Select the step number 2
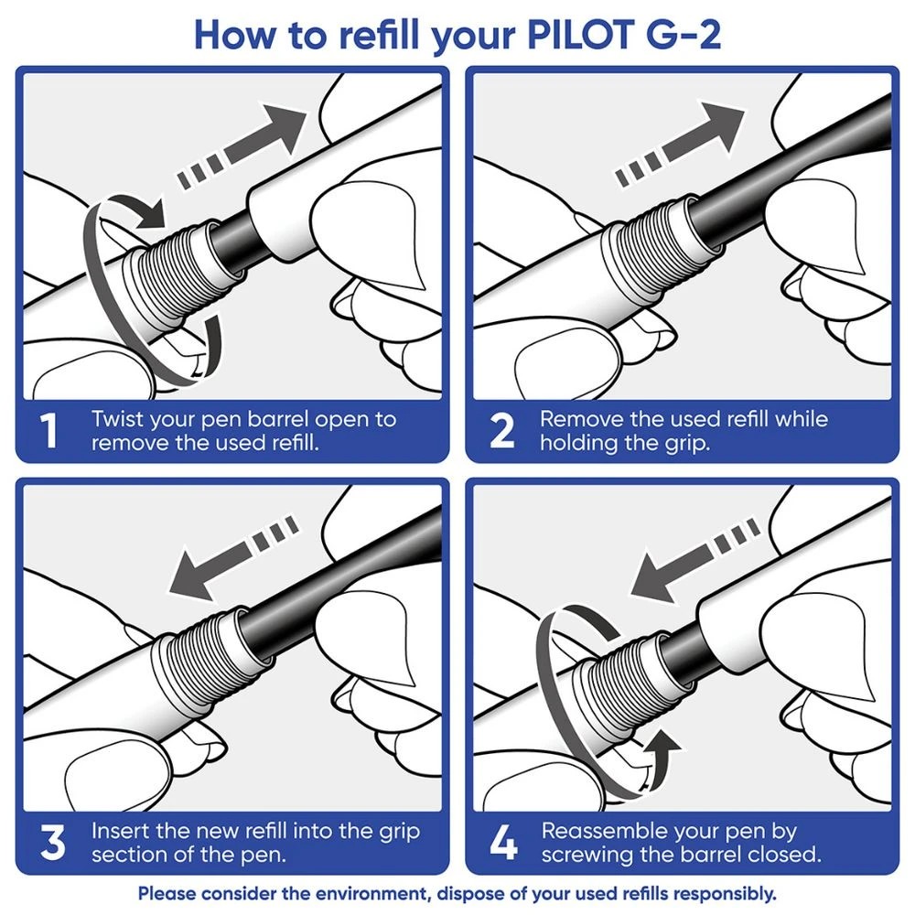(502, 432)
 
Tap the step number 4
(502, 844)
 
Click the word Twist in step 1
(118, 420)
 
